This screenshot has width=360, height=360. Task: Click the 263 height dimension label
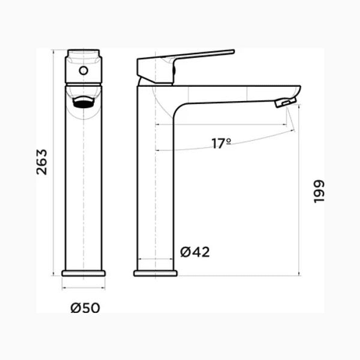tap(43, 161)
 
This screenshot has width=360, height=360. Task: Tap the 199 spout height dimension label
tap(319, 191)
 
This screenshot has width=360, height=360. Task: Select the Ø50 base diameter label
tap(85, 308)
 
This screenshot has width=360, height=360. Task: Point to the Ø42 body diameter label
tap(195, 252)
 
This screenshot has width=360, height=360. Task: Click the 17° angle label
tap(221, 144)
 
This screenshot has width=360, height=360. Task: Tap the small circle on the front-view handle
tap(84, 71)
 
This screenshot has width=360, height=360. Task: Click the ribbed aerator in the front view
tap(84, 103)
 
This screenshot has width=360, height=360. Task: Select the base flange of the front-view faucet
tap(84, 273)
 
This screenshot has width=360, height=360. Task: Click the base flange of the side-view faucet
tap(155, 273)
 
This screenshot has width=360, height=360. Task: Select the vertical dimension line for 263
tap(53, 163)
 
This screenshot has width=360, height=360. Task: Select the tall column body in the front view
tap(84, 190)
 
